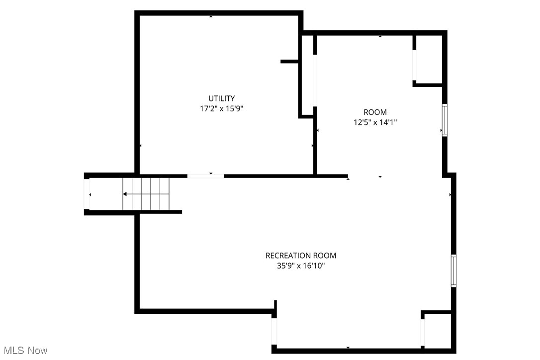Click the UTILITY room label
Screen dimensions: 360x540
pos(221,98)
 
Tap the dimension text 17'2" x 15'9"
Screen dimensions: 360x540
pos(221,108)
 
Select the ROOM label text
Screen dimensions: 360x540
pos(375,112)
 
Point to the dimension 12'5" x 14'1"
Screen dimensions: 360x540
pos(375,122)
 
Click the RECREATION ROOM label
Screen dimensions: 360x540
pos(300,256)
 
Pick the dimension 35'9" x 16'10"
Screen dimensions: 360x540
pos(300,266)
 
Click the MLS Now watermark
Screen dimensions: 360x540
pos(24,351)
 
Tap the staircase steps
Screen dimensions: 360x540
pos(146,194)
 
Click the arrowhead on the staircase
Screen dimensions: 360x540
pos(125,194)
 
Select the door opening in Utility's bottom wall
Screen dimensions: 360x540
pos(205,176)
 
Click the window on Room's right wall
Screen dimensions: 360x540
pos(445,120)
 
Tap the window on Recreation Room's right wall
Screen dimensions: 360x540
pos(453,270)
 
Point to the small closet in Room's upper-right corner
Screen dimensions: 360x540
pos(429,59)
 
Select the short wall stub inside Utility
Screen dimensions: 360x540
pos(289,62)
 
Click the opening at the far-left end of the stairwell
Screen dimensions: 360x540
pos(87,194)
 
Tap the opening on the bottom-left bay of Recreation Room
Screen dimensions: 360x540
pos(274,331)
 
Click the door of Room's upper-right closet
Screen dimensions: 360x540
pos(414,65)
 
